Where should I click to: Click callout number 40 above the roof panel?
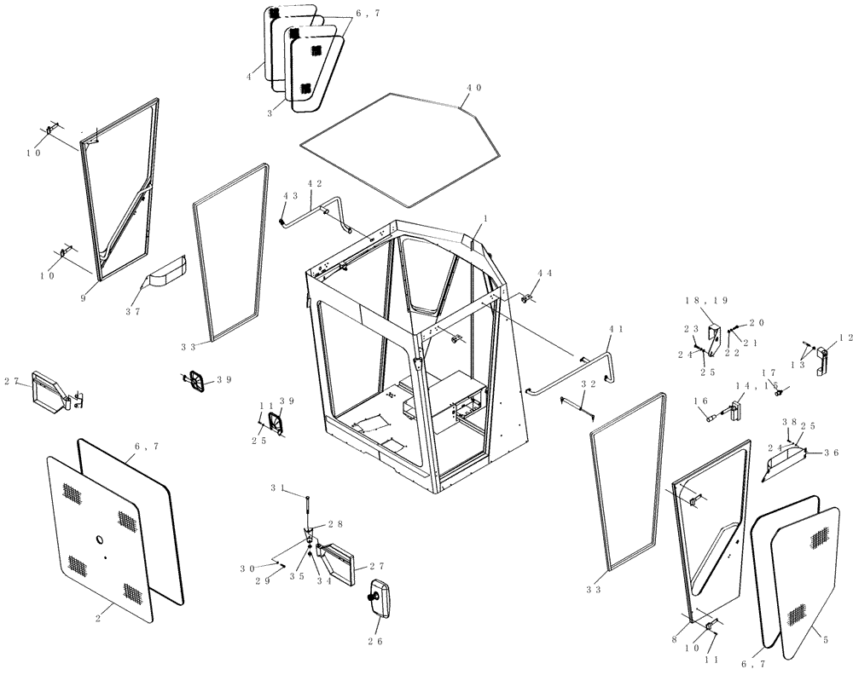(x=474, y=88)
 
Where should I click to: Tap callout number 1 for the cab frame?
(x=484, y=220)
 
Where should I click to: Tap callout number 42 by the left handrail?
(x=315, y=184)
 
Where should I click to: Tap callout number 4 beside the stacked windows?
(x=250, y=77)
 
